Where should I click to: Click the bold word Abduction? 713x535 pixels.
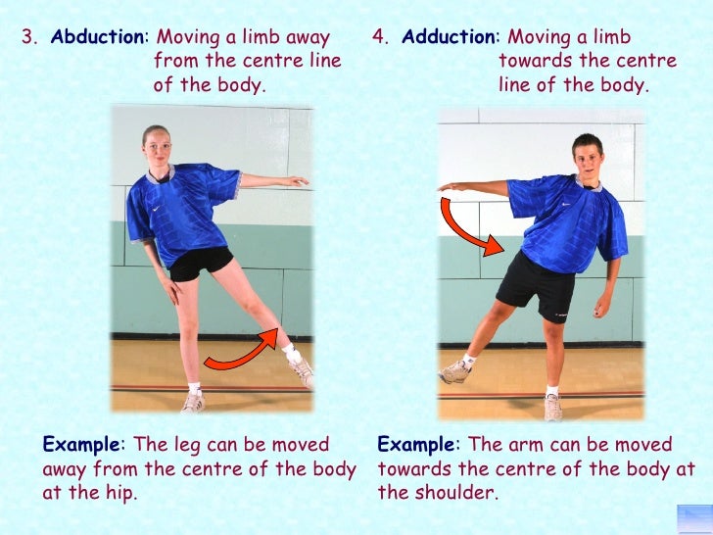point(97,38)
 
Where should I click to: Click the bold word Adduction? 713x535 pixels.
point(449,38)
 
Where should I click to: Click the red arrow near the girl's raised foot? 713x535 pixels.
point(241,352)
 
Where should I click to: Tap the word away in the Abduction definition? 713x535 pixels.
point(309,38)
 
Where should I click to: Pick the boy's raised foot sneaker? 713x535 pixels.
point(455,370)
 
